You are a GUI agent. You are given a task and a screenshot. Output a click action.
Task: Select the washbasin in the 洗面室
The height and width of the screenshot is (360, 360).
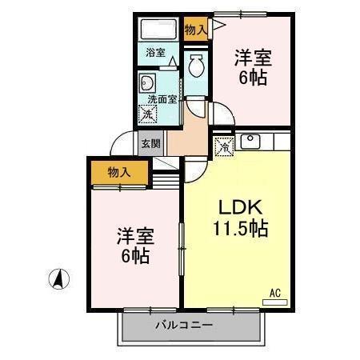148,82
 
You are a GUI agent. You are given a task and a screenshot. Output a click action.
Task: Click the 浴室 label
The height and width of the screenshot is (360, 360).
155,53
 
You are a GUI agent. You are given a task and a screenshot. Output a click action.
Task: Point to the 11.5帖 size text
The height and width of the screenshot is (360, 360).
240,227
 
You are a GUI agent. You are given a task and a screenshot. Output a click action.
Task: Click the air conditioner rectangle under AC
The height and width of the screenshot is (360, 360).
275,302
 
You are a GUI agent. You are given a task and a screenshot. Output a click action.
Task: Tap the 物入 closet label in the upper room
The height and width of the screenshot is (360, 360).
195,30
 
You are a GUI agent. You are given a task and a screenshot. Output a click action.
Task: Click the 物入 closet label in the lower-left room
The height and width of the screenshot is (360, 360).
119,171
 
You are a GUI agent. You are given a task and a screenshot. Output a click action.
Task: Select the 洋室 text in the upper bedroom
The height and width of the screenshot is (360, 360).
252,58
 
